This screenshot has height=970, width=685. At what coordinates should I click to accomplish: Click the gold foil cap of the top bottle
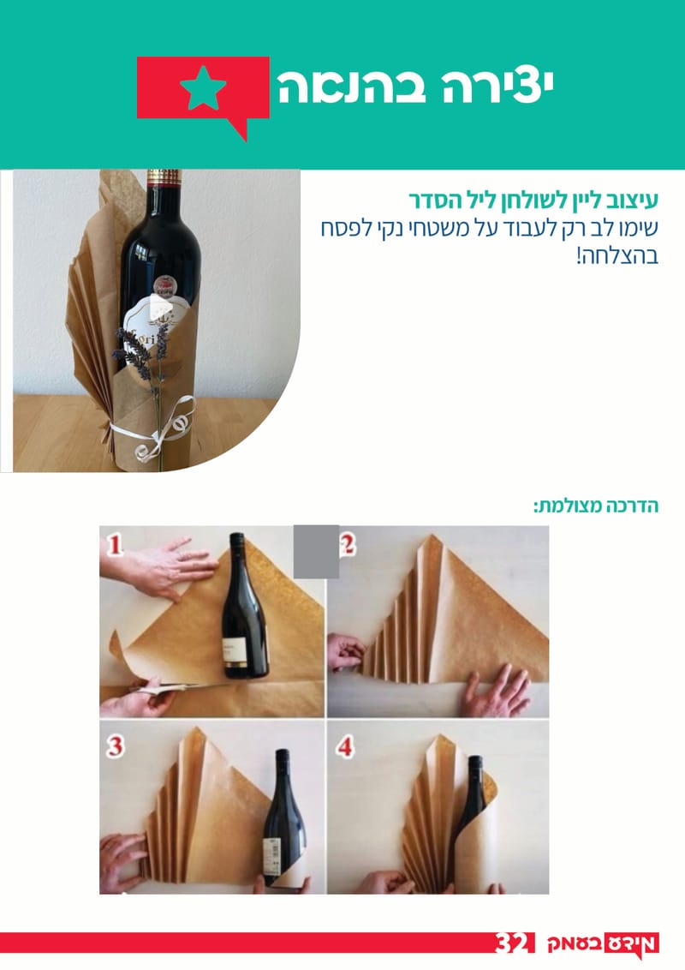point(164,178)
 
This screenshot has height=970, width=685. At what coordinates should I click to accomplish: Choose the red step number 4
point(345,746)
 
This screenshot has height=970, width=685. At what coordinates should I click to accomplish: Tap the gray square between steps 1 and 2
point(316,551)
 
